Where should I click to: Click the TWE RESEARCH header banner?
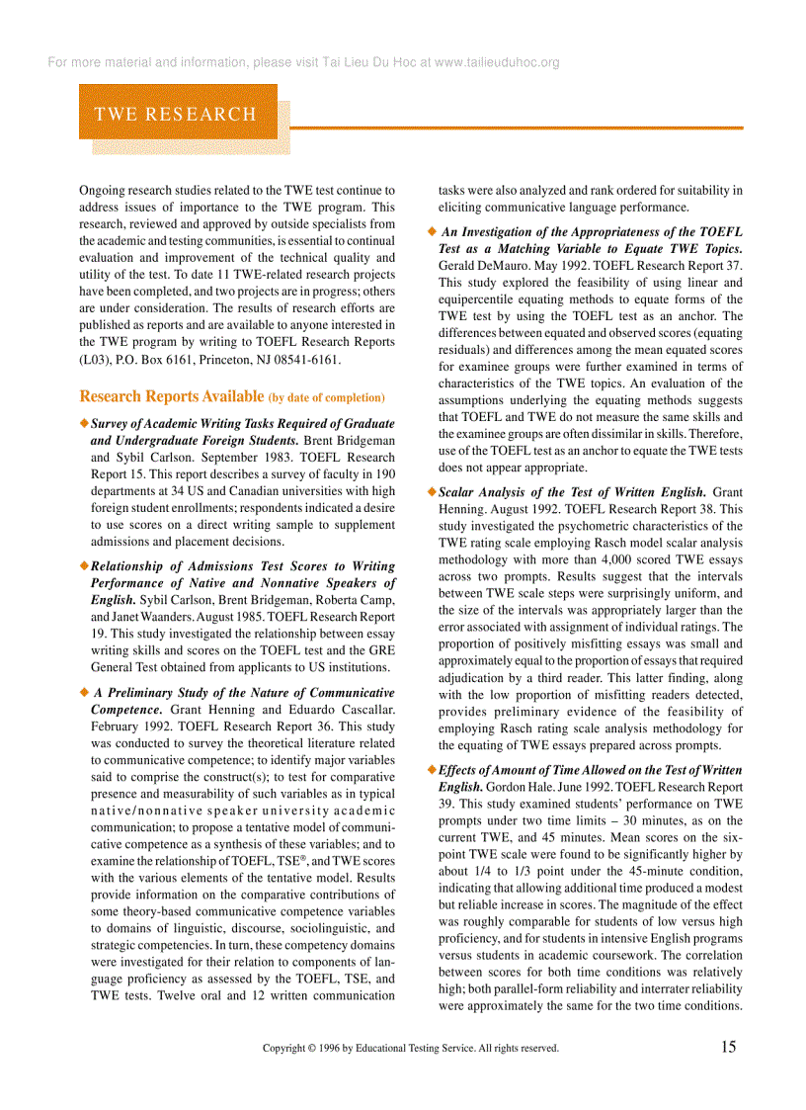tap(176, 114)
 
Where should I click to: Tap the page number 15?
tap(728, 1047)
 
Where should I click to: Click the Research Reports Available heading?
tap(171, 397)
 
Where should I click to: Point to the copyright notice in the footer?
tap(410, 1049)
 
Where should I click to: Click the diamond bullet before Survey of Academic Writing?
tap(83, 423)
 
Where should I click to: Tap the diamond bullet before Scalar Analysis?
tap(431, 491)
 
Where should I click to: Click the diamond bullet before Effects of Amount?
tap(432, 770)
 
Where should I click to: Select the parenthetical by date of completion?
tap(326, 398)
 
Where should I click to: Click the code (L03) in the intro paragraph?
tap(95, 359)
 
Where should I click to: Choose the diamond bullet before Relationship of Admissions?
tap(83, 566)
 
